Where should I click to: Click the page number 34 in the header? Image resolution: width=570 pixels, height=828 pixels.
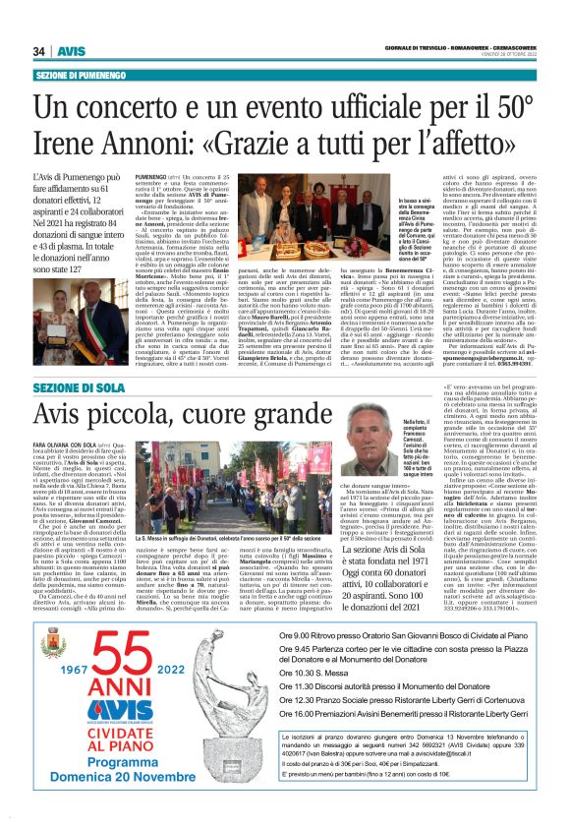pyautogui.click(x=40, y=51)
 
